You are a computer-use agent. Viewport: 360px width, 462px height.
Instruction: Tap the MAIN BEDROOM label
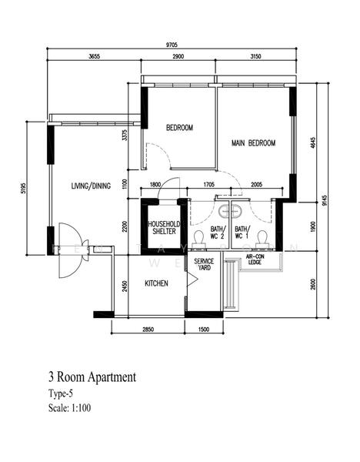pos(253,143)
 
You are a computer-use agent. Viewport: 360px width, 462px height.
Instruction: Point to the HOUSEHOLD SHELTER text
pos(163,227)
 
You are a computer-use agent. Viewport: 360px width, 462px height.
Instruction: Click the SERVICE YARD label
pos(204,266)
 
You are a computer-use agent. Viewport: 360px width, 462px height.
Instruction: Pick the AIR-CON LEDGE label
pos(255,260)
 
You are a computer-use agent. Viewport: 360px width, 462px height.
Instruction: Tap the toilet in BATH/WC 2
pos(198,237)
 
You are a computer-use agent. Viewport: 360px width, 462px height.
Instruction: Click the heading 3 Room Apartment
pos(92,377)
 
